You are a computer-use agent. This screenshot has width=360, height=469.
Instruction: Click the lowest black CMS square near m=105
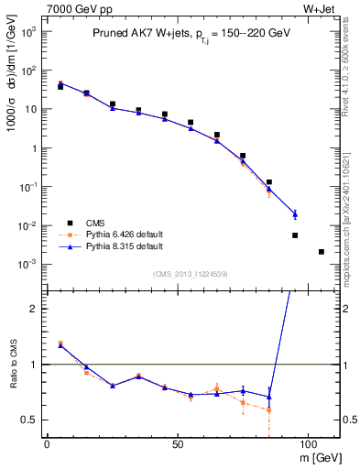321,252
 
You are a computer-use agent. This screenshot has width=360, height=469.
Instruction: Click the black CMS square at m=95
295,235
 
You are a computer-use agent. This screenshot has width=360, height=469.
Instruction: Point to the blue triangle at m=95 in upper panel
295,214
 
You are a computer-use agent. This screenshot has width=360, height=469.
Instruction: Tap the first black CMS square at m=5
60,86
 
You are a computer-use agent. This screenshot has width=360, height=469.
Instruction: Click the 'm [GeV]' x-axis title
321,457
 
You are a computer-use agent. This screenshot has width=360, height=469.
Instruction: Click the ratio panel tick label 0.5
28,420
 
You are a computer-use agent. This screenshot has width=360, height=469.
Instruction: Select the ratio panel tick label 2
33,309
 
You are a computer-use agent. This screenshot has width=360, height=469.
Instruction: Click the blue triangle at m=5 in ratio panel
60,345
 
